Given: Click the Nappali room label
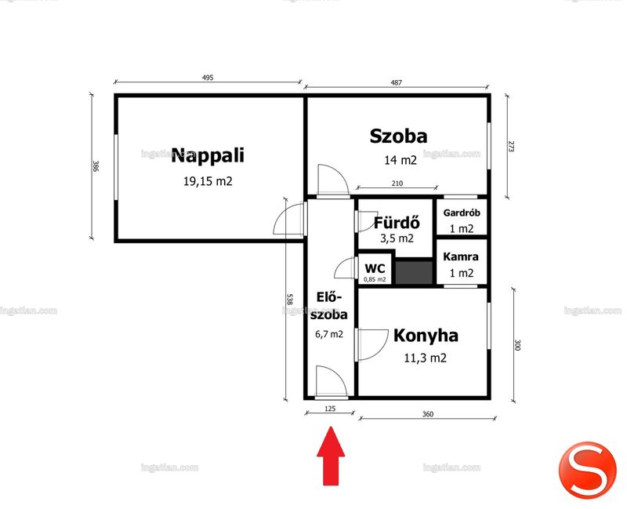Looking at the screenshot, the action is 208,155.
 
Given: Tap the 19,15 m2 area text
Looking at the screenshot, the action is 208,181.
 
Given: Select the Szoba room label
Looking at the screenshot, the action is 398,136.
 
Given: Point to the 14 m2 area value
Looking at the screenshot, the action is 400,161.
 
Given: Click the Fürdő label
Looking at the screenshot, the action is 397,222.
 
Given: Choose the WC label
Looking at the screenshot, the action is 375,268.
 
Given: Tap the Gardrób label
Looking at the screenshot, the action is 462,213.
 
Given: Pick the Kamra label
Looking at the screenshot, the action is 461,256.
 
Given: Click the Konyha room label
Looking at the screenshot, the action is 426,336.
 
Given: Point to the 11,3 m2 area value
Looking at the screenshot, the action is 425,358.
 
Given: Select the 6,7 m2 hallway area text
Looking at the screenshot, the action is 329,334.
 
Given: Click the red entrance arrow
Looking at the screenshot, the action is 331,456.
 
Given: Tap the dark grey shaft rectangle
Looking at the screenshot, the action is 415,273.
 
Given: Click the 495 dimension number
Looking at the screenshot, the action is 208,78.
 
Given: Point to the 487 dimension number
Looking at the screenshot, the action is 396,83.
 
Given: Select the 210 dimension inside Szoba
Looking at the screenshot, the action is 397,184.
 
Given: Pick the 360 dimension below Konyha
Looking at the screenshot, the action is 427,414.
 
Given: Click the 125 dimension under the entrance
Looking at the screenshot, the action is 330,409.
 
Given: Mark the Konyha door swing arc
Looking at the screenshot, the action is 381,348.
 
